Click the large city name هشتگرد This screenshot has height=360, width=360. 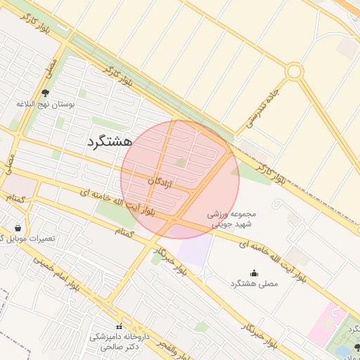(110, 141)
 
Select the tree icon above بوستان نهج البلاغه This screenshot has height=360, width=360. (46, 93)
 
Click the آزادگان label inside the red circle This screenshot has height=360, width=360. (161, 181)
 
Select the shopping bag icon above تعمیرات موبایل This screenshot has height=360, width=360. (18, 229)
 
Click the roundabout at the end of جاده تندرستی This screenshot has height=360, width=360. (295, 71)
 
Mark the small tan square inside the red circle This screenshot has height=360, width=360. (181, 163)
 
